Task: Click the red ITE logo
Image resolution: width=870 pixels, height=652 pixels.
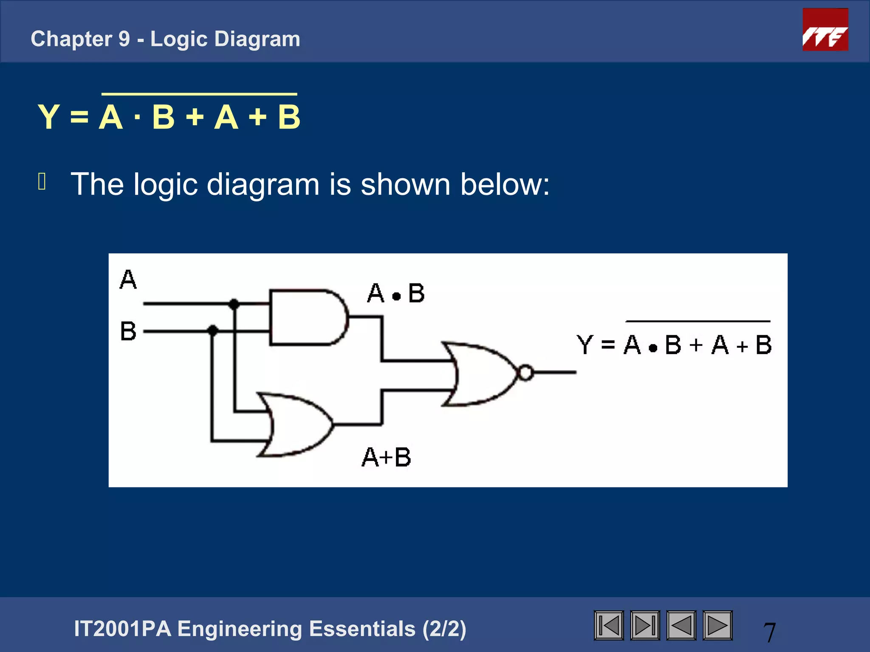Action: tap(825, 30)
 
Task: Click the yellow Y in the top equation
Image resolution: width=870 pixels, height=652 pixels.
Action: tap(48, 117)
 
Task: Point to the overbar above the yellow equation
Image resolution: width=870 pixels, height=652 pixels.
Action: tap(199, 94)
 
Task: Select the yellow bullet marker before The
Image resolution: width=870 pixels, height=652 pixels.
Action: tap(42, 181)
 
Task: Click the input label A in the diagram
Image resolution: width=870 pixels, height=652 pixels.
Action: tap(128, 280)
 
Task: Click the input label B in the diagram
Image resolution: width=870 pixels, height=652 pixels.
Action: tap(128, 331)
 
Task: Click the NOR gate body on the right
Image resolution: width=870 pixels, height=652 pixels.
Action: tap(480, 374)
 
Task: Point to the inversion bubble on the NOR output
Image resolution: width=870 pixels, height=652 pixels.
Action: tap(526, 373)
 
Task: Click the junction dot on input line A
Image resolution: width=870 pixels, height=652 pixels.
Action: tap(234, 304)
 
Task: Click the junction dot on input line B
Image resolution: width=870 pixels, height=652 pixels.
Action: tap(213, 330)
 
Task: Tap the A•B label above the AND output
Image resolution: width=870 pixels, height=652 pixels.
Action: tap(396, 293)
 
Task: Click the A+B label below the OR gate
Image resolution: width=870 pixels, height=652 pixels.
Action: tap(387, 458)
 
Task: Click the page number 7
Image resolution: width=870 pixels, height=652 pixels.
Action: tap(769, 632)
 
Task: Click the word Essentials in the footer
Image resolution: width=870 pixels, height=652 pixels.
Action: tap(362, 629)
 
